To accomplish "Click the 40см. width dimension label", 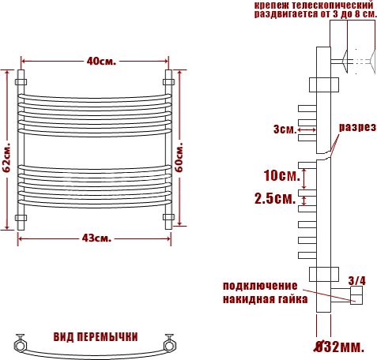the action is point(101,62).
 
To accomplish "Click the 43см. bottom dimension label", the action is point(96,238).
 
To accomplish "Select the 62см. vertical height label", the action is point(6,158).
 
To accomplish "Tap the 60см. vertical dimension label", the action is point(179,157).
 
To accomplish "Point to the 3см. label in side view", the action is point(285,129).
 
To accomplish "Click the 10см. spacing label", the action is point(281,175).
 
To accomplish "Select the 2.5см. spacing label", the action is point(275,198).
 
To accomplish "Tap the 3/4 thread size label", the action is point(357,281).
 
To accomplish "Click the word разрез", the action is point(357,127).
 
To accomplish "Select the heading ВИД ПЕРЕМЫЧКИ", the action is point(96,337).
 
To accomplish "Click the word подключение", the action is point(260,286).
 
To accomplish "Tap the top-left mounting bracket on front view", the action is point(21,81).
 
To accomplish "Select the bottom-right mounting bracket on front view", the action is point(168,217).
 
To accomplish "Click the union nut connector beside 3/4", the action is point(356,295).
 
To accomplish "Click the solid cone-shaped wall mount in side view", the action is point(345,62).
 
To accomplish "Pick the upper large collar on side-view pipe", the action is point(324,84).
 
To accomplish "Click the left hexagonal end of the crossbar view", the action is point(20,345).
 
